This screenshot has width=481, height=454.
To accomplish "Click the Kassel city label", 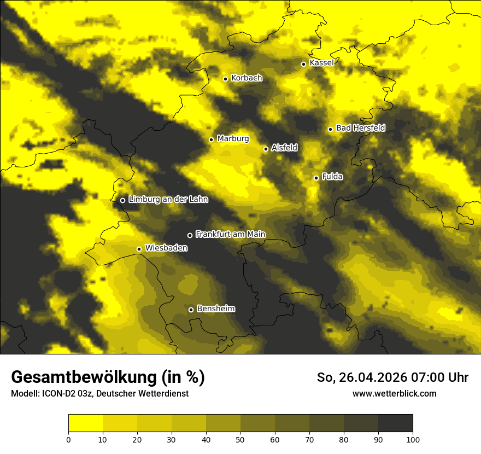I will [x=321, y=63].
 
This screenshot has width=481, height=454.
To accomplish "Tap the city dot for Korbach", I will [x=225, y=79].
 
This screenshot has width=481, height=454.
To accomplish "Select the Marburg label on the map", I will [x=233, y=139].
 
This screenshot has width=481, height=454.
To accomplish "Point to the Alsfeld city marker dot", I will [x=266, y=149].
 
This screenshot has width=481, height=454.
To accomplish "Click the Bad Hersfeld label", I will [x=360, y=128].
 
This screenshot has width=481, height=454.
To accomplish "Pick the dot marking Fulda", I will [x=316, y=178].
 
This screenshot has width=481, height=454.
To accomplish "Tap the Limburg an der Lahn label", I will [x=168, y=200].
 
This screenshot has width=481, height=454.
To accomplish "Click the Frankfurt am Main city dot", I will [x=190, y=235].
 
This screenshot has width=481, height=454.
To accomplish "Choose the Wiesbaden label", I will [x=166, y=248].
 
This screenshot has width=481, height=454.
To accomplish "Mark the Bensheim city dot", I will [x=191, y=310].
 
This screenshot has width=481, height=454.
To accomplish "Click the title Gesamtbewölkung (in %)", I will [x=108, y=377].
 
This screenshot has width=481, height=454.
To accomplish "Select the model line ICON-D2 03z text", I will [x=100, y=394].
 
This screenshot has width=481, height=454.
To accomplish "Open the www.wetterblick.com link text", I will [x=394, y=394].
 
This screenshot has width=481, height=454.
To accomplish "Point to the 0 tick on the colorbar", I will [x=68, y=439].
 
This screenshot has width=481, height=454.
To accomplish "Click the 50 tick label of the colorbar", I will [x=241, y=439].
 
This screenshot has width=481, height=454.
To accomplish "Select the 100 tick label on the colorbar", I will [x=413, y=439].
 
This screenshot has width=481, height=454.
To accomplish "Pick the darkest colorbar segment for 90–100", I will [x=395, y=423].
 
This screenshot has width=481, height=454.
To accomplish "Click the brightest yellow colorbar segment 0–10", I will [x=85, y=423].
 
